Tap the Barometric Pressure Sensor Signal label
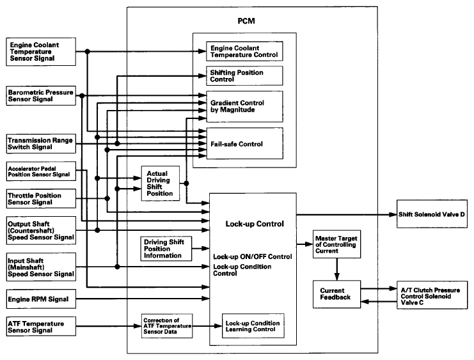[40, 96]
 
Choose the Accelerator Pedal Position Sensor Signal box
[40, 171]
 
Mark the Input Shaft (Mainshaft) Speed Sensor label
[40, 265]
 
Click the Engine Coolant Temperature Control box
[243, 51]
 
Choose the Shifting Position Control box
[243, 77]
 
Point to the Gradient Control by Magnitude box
[243, 106]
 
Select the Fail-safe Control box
[243, 144]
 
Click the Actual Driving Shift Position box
[161, 183]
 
